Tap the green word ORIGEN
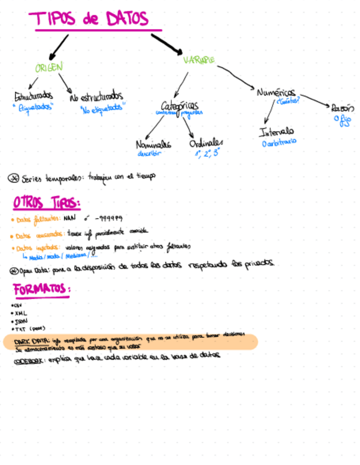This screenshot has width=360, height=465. tap(49, 67)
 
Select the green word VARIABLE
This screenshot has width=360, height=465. tap(199, 60)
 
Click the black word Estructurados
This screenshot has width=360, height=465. tap(33, 97)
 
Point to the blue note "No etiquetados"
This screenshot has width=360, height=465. tap(102, 109)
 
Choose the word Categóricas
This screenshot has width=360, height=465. tap(180, 105)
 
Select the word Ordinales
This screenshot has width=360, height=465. tap(206, 143)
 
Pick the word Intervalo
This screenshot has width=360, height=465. tap(277, 132)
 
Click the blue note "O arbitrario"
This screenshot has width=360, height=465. tap(279, 142)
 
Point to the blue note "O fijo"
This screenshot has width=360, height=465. tap(342, 120)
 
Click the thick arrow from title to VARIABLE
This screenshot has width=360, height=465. tap(166, 44)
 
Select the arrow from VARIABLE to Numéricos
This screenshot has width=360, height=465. tap(236, 76)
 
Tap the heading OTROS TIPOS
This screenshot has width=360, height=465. tap(47, 203)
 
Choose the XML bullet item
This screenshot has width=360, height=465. tap(21, 313)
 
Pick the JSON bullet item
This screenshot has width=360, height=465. tap(21, 321)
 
